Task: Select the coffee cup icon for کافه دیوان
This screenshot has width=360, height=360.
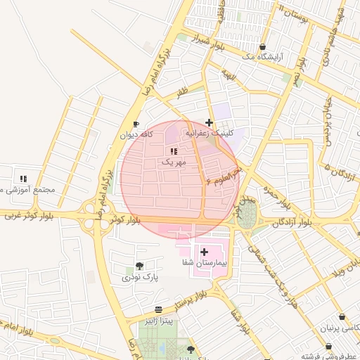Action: click(x=136, y=124)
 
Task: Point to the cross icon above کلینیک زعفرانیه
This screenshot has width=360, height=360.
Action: click(x=209, y=122)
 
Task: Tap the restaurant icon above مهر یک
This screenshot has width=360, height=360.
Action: click(x=174, y=151)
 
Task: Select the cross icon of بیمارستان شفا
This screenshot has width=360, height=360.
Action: click(x=204, y=251)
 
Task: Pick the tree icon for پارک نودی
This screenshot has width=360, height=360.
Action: click(x=139, y=266)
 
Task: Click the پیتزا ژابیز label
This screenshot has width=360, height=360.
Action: click(x=165, y=321)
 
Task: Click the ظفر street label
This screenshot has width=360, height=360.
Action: click(x=182, y=91)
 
